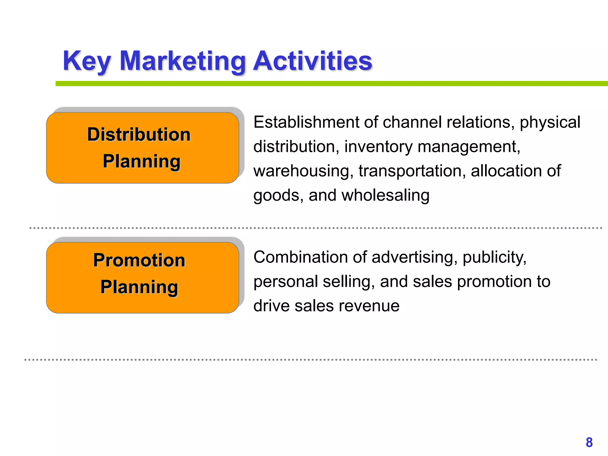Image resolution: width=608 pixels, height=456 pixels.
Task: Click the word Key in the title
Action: (87, 61)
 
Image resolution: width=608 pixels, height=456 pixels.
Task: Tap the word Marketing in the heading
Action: (182, 61)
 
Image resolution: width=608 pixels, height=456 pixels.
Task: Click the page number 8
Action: (589, 442)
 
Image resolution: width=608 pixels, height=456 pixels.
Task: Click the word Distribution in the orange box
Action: (139, 134)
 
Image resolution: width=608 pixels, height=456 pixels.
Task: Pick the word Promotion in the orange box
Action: (139, 260)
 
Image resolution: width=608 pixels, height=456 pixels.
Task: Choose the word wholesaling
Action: (385, 196)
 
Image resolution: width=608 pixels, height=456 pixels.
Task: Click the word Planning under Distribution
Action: (142, 161)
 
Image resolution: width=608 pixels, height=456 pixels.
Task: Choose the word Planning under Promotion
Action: (139, 287)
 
